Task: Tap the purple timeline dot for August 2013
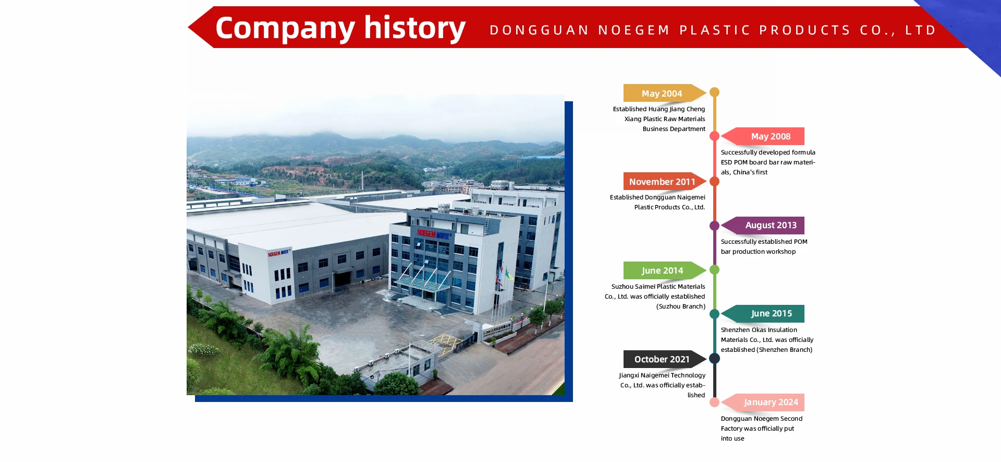715,226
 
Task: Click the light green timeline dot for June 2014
715,270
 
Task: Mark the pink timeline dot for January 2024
715,402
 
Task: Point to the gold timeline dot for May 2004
715,92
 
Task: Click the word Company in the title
285,29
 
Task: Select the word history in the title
414,28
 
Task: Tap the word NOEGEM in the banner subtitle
633,30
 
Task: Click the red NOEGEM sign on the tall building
426,233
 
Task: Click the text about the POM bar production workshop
764,246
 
